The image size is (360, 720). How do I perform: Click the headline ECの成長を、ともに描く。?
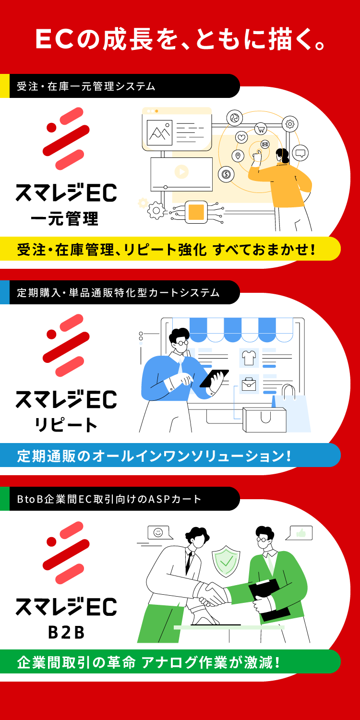pyautogui.click(x=180, y=40)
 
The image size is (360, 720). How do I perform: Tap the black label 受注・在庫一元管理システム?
pyautogui.click(x=86, y=86)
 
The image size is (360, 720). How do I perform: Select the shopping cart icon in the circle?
pyautogui.click(x=261, y=128)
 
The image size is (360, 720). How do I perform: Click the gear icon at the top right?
pyautogui.click(x=290, y=124)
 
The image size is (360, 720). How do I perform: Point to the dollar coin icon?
pyautogui.click(x=226, y=174)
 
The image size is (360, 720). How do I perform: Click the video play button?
pyautogui.click(x=181, y=171)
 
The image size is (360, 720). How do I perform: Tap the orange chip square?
pyautogui.click(x=196, y=212)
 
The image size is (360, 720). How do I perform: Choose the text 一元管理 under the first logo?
pyautogui.click(x=64, y=219)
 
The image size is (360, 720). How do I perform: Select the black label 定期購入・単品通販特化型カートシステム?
pyautogui.click(x=118, y=293)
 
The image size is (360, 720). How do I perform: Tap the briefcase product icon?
pyautogui.click(x=249, y=384)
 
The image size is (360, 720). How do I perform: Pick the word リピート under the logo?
pyautogui.click(x=65, y=424)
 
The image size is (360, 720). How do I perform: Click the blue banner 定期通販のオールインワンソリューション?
pyautogui.click(x=154, y=456)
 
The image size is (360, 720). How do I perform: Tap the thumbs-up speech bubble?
pyautogui.click(x=301, y=533)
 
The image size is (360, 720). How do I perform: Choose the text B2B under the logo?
pyautogui.click(x=66, y=632)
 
